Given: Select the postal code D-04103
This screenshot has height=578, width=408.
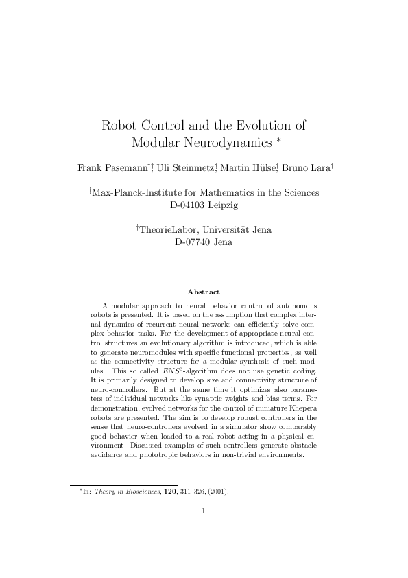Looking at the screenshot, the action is pos(189,205).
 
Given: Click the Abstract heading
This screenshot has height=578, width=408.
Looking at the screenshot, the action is pos(204,292).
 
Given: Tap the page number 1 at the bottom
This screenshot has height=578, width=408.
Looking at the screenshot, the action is pos(204,511).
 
